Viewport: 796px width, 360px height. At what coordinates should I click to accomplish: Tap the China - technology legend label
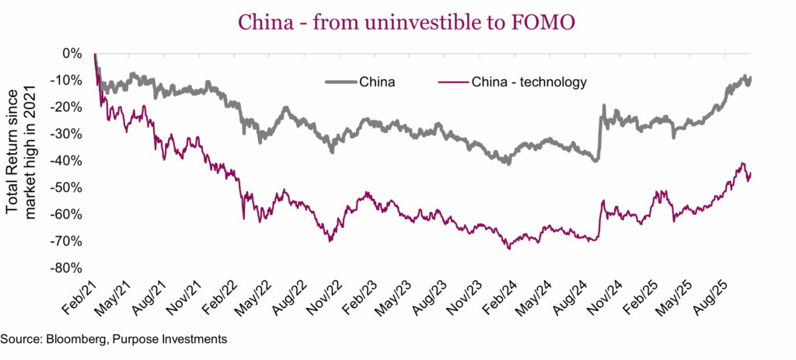(529, 80)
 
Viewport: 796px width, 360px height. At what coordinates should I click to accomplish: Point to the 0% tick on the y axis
(72, 54)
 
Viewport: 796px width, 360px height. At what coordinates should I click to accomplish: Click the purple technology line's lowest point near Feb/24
(508, 249)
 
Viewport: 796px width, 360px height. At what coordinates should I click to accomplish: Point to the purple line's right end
(751, 173)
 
